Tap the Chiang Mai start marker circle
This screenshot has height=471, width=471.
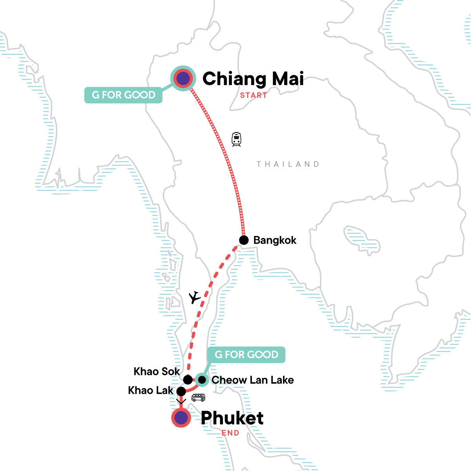(x=183, y=78)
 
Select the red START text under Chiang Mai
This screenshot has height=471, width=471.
(x=253, y=95)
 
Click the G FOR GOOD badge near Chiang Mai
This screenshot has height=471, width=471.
(x=123, y=95)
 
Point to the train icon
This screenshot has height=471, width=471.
(x=236, y=139)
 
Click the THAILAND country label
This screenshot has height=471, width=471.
(x=288, y=164)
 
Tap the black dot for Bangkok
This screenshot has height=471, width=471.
(x=244, y=240)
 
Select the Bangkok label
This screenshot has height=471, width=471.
(x=275, y=240)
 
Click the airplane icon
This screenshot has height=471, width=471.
(x=194, y=298)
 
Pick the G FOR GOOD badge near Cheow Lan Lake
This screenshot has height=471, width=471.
(x=246, y=355)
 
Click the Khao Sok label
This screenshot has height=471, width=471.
(x=157, y=371)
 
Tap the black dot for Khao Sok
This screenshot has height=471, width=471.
(x=188, y=380)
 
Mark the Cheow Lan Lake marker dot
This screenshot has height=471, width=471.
(x=202, y=380)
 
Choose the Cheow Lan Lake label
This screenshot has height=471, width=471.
(x=252, y=380)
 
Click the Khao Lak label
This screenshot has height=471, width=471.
(x=151, y=391)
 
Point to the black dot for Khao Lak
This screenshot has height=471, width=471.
(x=181, y=391)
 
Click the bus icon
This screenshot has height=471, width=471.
(x=198, y=398)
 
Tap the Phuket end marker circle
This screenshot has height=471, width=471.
(x=181, y=418)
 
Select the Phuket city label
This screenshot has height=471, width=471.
(x=232, y=418)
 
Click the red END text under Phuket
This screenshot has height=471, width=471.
(x=230, y=433)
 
